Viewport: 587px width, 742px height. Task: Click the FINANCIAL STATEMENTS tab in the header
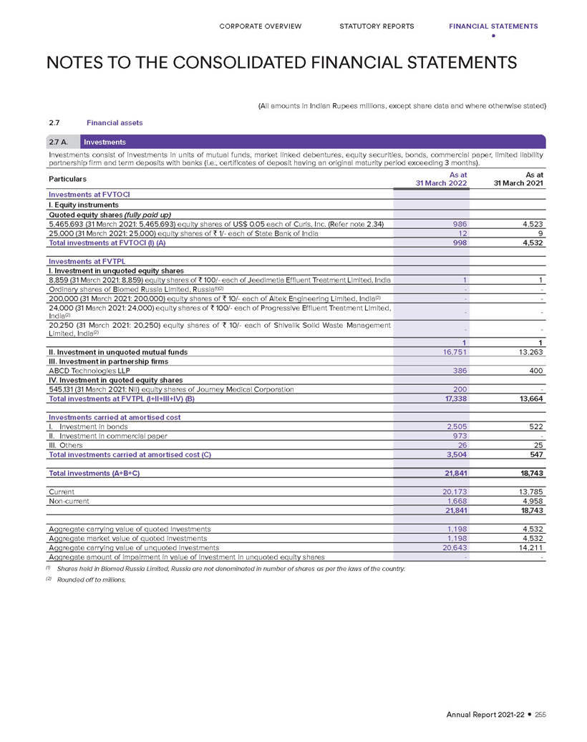[493, 26]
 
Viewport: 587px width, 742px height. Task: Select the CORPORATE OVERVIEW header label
[260, 26]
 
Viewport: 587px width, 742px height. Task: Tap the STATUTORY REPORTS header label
[377, 26]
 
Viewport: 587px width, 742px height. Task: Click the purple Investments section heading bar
[314, 142]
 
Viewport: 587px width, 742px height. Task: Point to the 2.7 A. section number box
[61, 142]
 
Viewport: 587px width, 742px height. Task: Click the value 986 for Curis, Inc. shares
[459, 225]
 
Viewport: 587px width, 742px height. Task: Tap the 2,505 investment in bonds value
[456, 426]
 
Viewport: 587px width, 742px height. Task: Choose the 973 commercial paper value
[459, 436]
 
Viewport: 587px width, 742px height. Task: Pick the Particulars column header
[68, 177]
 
